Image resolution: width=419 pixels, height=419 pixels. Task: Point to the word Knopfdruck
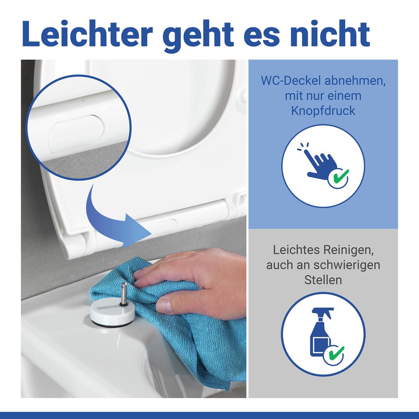[x=323, y=111]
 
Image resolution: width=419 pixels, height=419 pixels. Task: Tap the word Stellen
[x=323, y=280]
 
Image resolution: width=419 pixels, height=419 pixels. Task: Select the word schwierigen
[x=347, y=265]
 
